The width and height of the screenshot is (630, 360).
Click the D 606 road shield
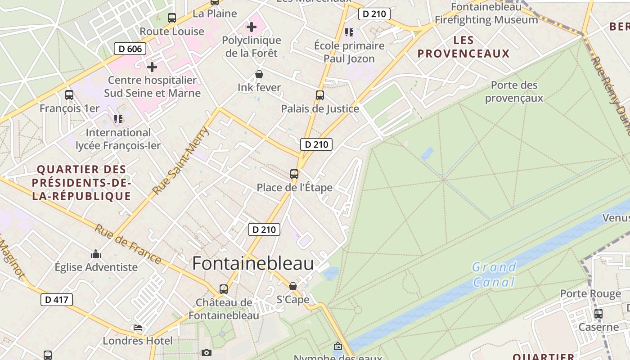click(130, 49)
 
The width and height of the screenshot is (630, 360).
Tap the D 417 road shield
click(57, 300)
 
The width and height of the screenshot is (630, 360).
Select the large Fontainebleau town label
click(253, 263)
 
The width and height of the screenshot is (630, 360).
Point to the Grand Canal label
click(494, 274)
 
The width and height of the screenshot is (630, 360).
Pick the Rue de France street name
click(128, 244)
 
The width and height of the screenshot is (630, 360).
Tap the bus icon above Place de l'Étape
click(294, 174)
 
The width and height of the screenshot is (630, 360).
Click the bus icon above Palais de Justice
click(320, 95)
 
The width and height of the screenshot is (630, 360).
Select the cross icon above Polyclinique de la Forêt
click(252, 27)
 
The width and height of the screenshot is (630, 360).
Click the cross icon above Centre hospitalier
click(152, 67)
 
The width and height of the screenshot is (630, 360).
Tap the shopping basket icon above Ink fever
click(259, 74)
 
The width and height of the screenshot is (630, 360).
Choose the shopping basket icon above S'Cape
click(293, 286)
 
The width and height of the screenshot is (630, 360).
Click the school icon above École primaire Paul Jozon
click(349, 32)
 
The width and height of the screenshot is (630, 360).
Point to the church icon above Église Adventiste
click(96, 254)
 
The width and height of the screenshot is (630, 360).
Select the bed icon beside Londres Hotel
click(138, 328)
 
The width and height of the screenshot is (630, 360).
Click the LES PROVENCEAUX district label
click(463, 47)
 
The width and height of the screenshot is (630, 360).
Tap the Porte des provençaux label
click(514, 91)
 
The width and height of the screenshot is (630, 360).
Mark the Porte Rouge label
click(590, 294)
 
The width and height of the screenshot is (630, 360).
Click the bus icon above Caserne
click(598, 314)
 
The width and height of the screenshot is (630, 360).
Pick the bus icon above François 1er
click(69, 95)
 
